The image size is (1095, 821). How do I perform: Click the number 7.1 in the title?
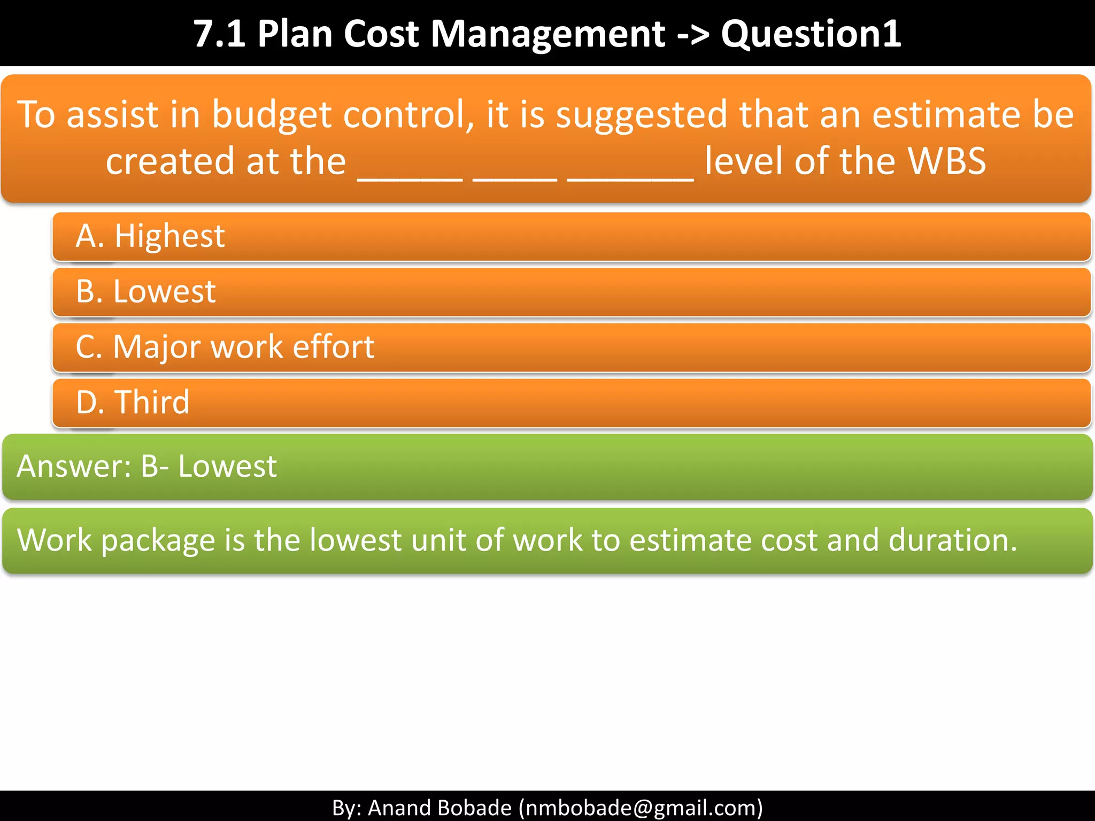click(x=219, y=34)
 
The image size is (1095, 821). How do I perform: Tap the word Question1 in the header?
click(x=811, y=34)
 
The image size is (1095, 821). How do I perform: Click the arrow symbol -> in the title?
click(x=693, y=35)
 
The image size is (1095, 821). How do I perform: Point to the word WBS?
click(x=947, y=161)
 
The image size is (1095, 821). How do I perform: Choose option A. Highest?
click(x=150, y=236)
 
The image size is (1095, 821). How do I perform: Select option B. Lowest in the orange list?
click(x=146, y=292)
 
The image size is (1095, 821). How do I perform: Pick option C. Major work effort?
click(x=225, y=347)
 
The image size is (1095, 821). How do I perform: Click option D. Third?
click(x=133, y=402)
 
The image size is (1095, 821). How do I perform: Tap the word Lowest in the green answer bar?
click(x=227, y=466)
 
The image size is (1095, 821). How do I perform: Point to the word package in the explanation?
click(x=158, y=541)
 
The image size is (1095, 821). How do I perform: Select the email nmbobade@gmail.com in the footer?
click(x=641, y=807)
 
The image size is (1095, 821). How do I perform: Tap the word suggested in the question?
click(x=642, y=115)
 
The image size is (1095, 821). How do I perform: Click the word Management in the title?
click(x=547, y=34)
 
